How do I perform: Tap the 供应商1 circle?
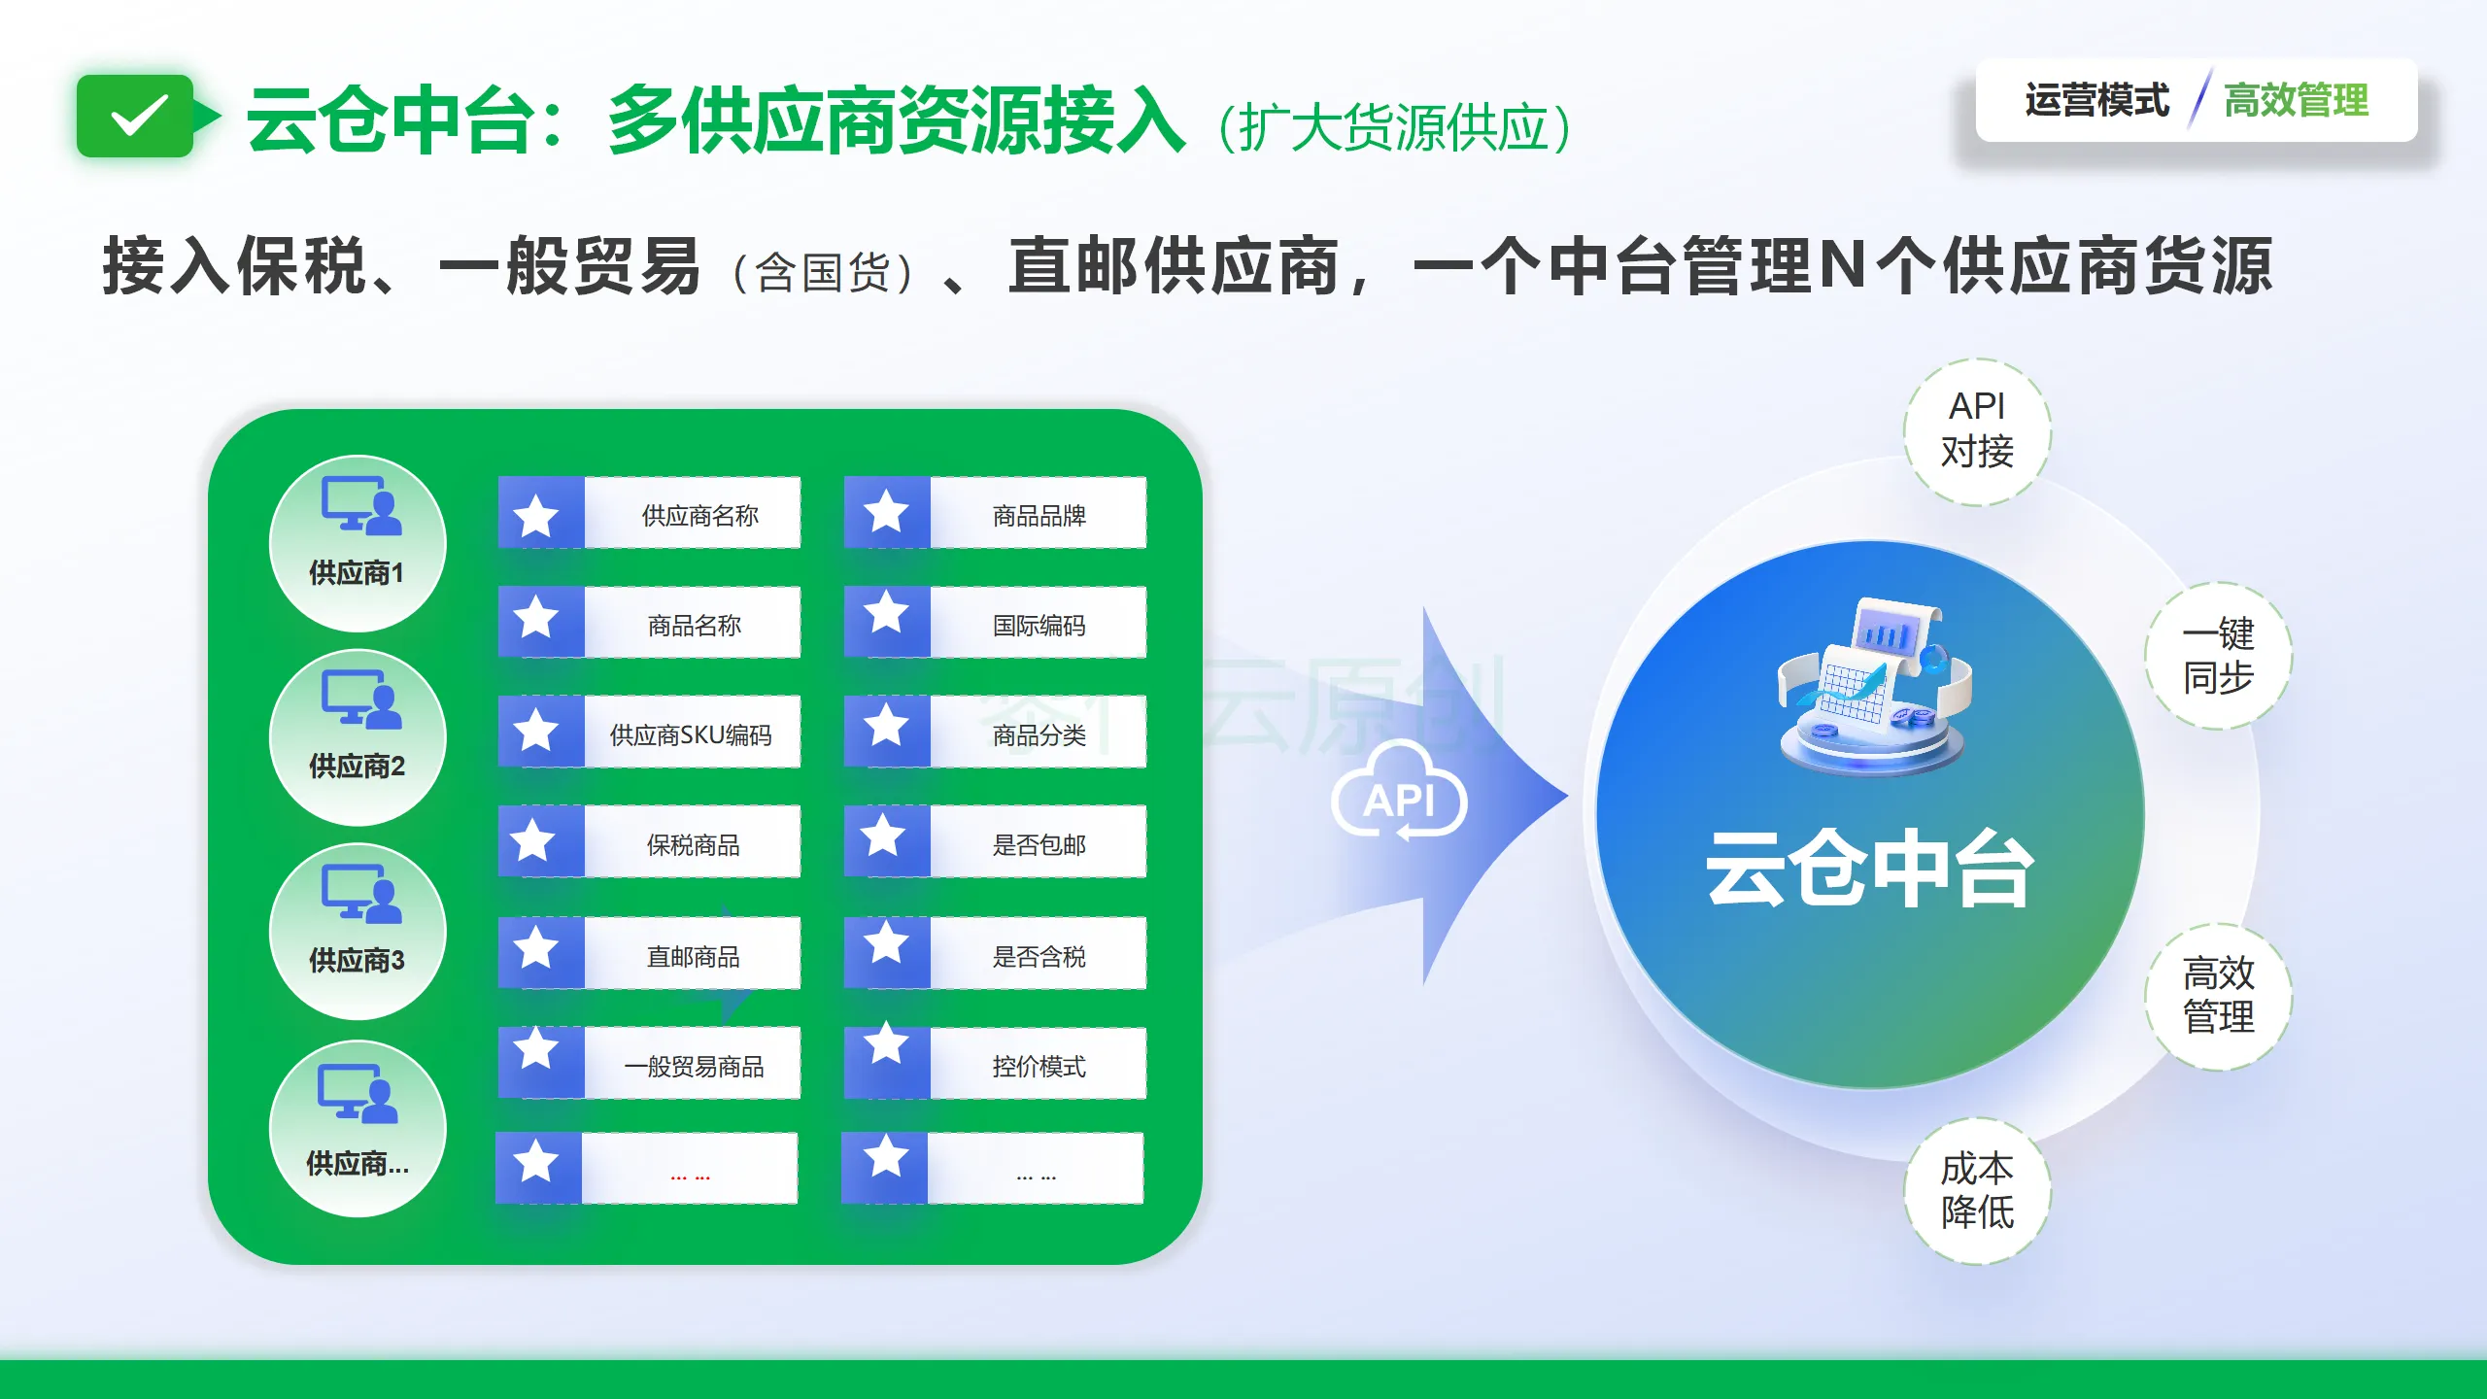pos(358,543)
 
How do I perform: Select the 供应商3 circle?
pos(358,931)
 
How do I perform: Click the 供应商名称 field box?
pos(649,513)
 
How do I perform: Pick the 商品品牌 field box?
pos(995,513)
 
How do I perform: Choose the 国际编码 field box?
pos(995,623)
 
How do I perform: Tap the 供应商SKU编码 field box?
pos(649,733)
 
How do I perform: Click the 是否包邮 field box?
pos(995,842)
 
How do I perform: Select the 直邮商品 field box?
pos(649,954)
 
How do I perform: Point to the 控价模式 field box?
pos(995,1064)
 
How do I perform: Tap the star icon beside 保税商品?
pos(535,840)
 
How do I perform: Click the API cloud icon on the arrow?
pos(1399,791)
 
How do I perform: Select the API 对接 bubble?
pos(1977,432)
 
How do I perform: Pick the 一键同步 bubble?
pos(2218,656)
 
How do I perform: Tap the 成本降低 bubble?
pos(1977,1191)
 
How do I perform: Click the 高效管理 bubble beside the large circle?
pos(2218,997)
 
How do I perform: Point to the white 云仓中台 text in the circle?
pos(1869,868)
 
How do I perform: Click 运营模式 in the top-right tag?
pos(2096,100)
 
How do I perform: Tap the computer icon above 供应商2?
pos(361,699)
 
